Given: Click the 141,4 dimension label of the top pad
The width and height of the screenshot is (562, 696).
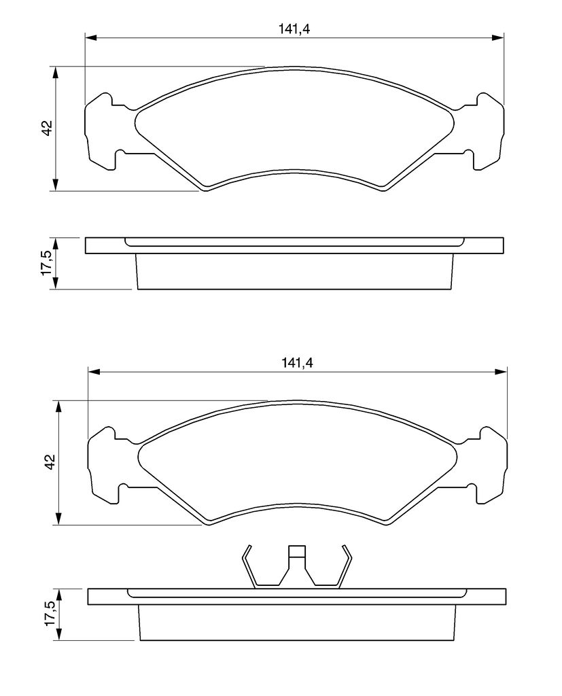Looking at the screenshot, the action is pos(294,29).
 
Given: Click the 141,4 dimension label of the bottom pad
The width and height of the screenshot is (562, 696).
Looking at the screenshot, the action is pos(297,363).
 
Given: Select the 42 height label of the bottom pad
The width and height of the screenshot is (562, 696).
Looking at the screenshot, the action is pos(50,462).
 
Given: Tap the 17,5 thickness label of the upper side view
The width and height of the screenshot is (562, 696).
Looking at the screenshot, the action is pos(48,263).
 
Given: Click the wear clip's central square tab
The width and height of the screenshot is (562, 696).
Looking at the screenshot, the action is pos(297,551).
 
